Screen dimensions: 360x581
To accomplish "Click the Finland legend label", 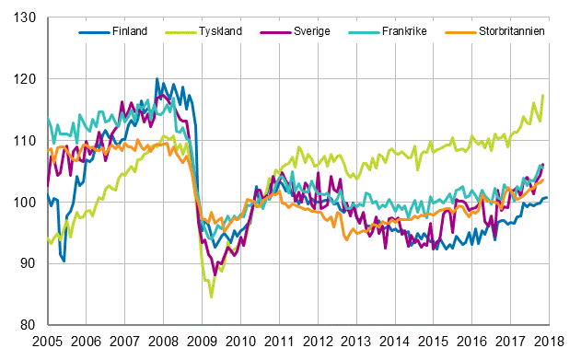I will pos(128,31).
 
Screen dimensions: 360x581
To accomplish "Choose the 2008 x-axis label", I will pos(164,342).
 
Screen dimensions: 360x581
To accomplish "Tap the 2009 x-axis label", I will pos(203,342).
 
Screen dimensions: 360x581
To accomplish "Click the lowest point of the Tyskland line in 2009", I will pos(211,297).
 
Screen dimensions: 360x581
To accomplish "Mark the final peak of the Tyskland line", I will pos(543,96).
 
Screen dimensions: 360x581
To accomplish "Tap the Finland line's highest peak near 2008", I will pos(157,79).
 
